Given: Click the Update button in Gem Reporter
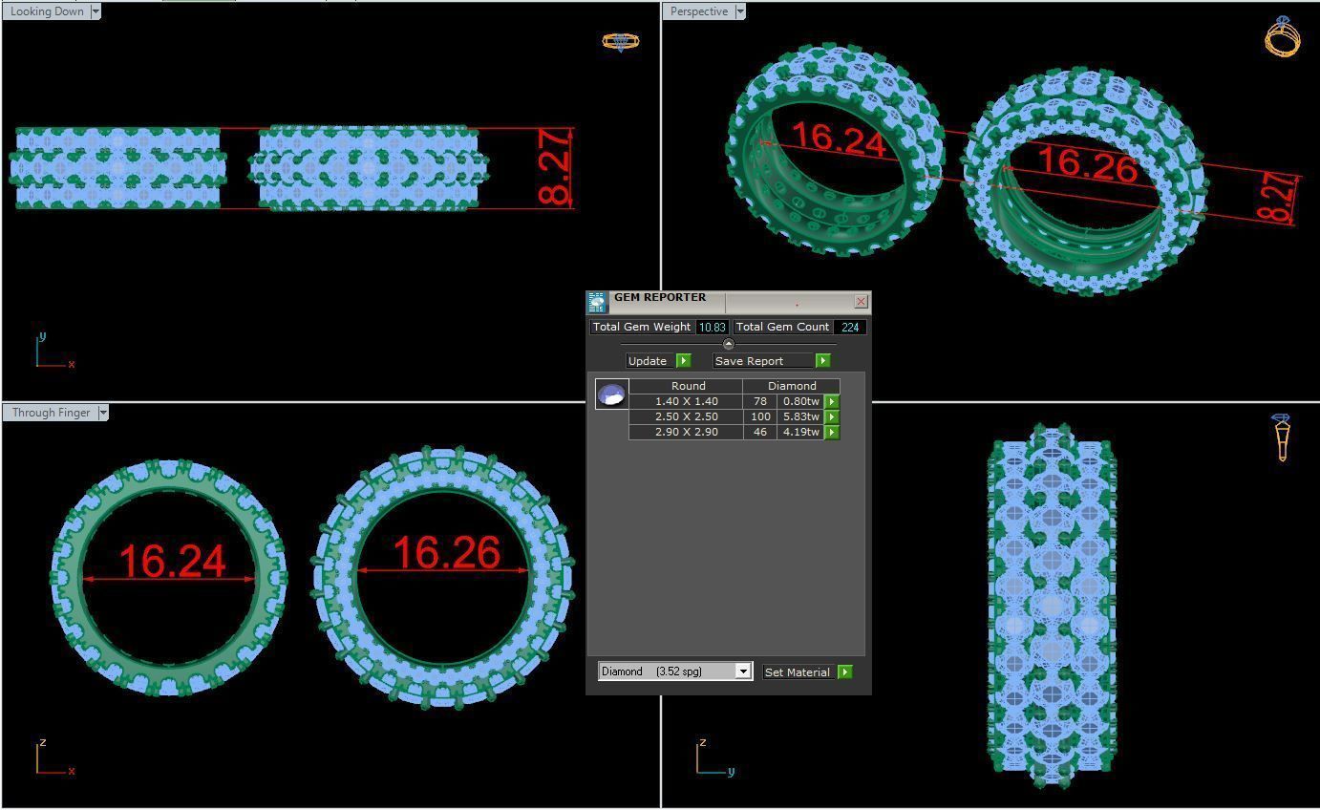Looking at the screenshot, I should pos(648,361).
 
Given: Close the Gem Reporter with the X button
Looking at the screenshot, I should pos(861,302).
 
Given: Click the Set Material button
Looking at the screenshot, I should pos(798,672).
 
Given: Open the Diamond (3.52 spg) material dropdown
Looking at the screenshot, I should pos(742,671).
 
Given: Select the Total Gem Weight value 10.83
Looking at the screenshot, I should pos(711,327).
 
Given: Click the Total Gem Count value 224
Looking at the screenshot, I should pos(849,327).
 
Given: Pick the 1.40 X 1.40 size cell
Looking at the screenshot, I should pos(686,401).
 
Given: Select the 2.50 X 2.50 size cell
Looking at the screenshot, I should pos(686,416).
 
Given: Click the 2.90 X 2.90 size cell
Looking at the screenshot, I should pos(686,432).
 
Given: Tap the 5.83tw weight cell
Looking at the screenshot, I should pos(799,416).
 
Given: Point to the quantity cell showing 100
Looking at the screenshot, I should pos(760,416).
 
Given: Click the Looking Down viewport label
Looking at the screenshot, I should pos(47,11).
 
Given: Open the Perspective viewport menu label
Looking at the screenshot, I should pos(699,11).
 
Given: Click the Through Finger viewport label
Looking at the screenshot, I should pos(51,413).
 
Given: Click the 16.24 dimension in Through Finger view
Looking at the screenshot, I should pos(172,562).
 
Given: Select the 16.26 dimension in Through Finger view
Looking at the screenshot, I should pos(446,553).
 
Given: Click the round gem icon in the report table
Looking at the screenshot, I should pos(611,394).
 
